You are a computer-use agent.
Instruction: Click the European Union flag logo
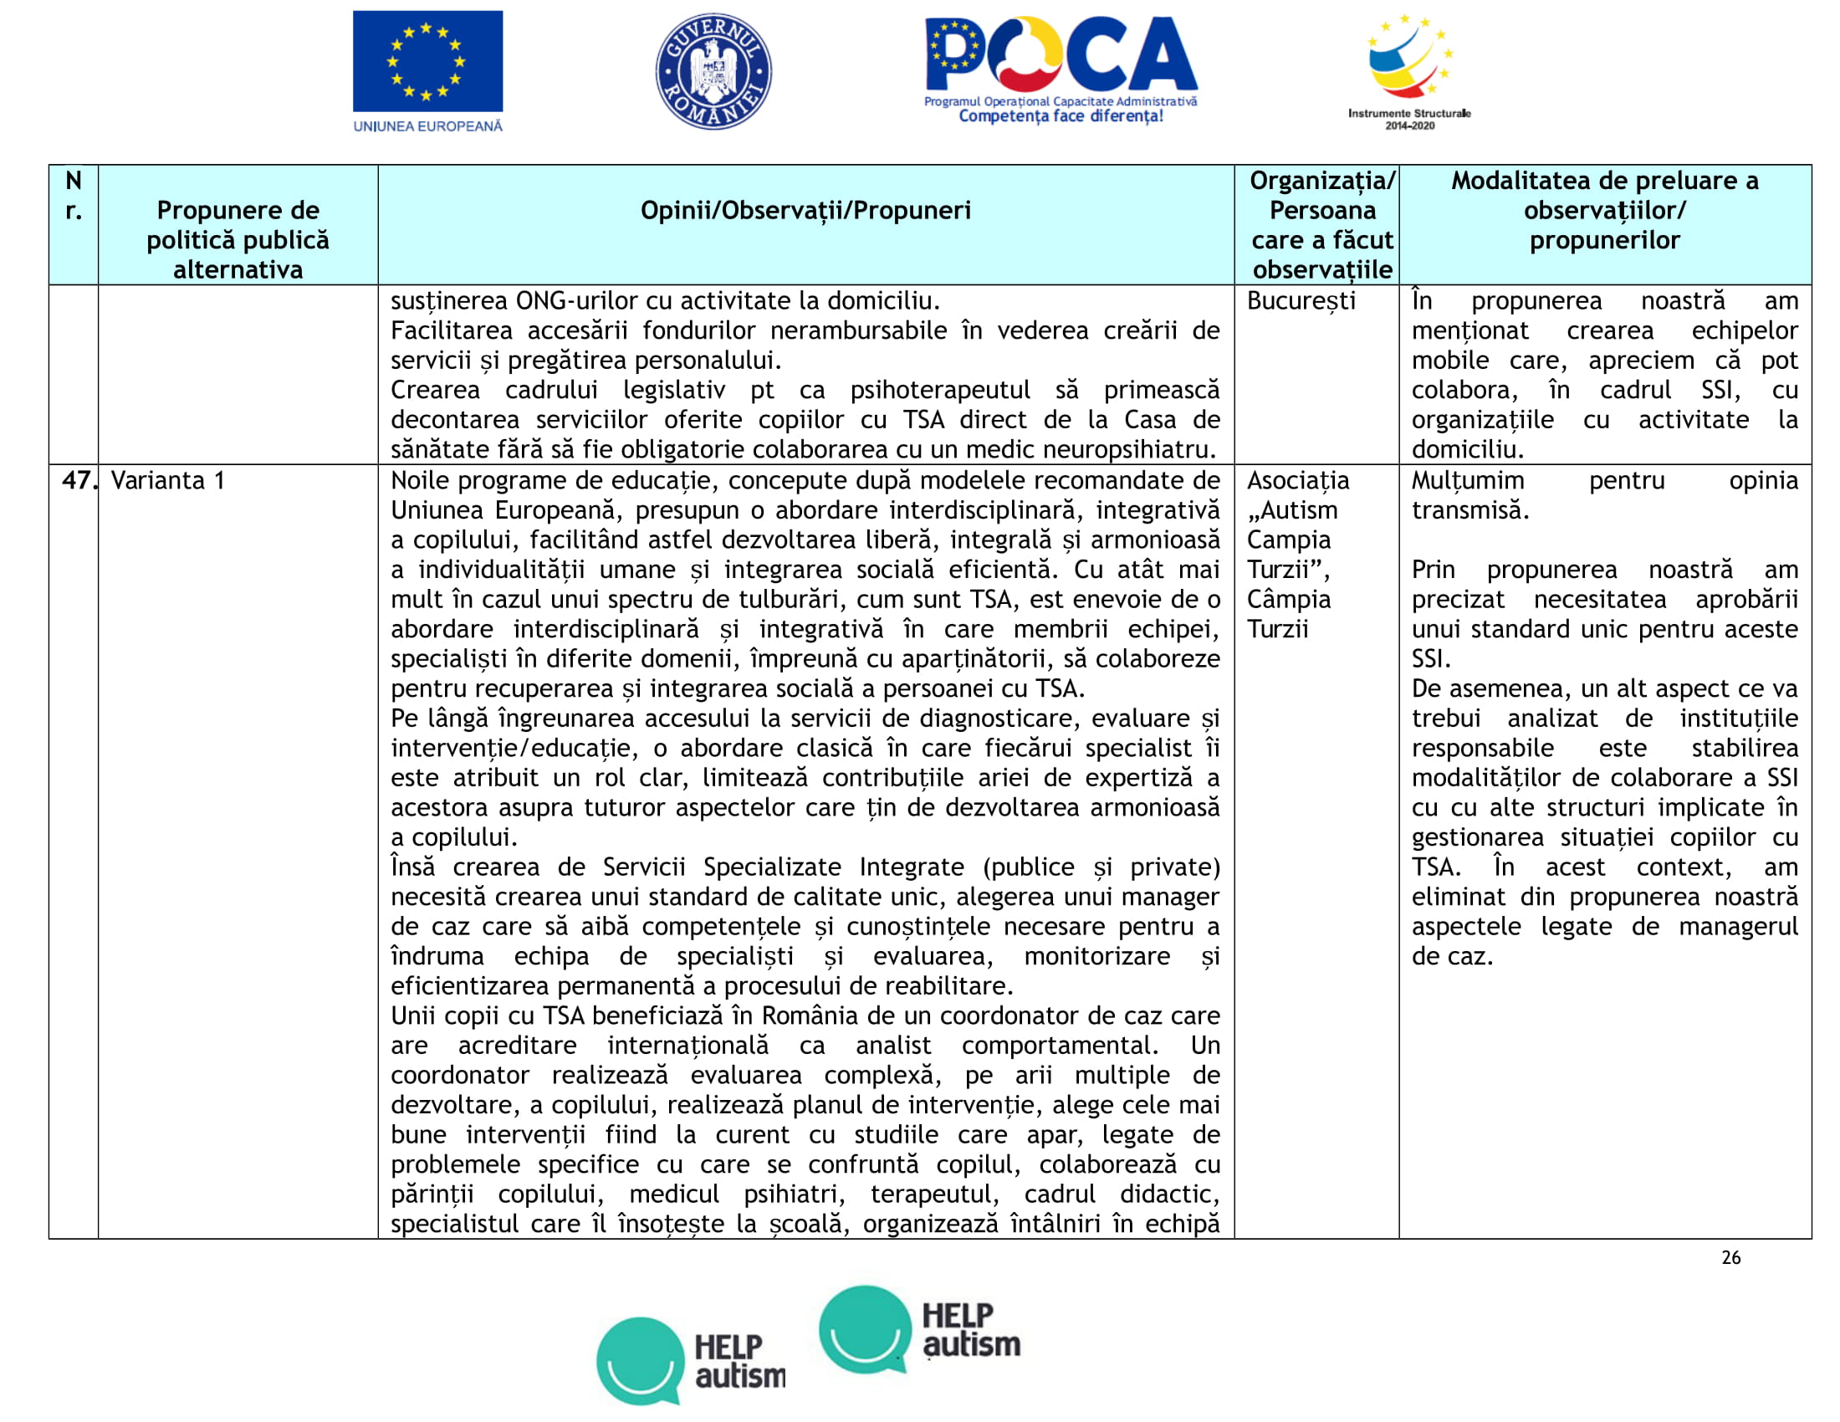pyautogui.click(x=427, y=61)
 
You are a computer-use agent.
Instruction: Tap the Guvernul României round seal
pyautogui.click(x=713, y=72)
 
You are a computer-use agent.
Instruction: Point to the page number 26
pyautogui.click(x=1730, y=1258)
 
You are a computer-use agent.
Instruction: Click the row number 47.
pyautogui.click(x=78, y=481)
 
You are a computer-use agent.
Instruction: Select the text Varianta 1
pyautogui.click(x=167, y=481)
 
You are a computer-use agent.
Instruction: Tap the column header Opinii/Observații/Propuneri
pyautogui.click(x=805, y=211)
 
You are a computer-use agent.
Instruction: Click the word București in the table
pyautogui.click(x=1301, y=301)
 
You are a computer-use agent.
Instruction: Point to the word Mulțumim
pyautogui.click(x=1468, y=481)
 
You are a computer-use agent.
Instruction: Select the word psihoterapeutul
pyautogui.click(x=939, y=390)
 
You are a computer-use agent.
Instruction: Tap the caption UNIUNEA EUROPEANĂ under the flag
pyautogui.click(x=427, y=126)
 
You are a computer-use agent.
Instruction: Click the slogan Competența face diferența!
pyautogui.click(x=1061, y=116)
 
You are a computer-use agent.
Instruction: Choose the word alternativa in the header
pyautogui.click(x=238, y=270)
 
